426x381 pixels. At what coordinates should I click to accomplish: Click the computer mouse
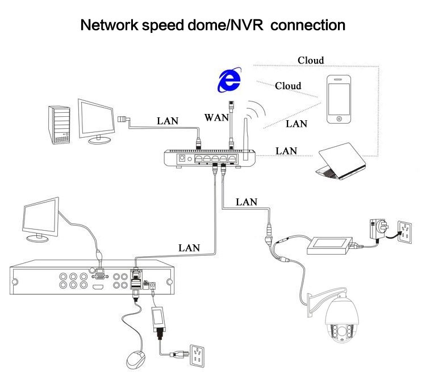point(136,359)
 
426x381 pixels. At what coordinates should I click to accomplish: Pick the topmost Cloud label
point(311,60)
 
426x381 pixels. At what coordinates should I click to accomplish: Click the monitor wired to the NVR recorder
point(39,219)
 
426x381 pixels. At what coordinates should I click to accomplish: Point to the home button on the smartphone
point(339,119)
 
